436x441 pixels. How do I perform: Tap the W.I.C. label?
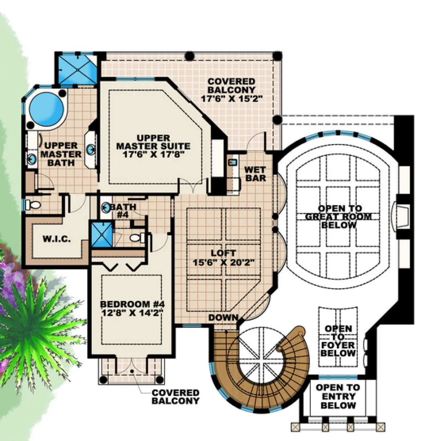coord(57,239)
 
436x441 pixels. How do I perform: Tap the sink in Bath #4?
coord(106,207)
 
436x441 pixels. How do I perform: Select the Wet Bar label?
coord(255,174)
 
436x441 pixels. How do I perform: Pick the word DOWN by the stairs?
coord(223,318)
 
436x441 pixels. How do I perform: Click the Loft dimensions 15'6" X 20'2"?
coord(223,262)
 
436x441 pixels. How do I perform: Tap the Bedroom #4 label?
coord(132,304)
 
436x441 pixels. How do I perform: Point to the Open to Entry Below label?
coord(338,396)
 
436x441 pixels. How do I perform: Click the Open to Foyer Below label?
coord(338,341)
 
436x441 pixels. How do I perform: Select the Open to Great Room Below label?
coord(338,216)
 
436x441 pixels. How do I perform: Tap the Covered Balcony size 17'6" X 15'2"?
coord(231,98)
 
